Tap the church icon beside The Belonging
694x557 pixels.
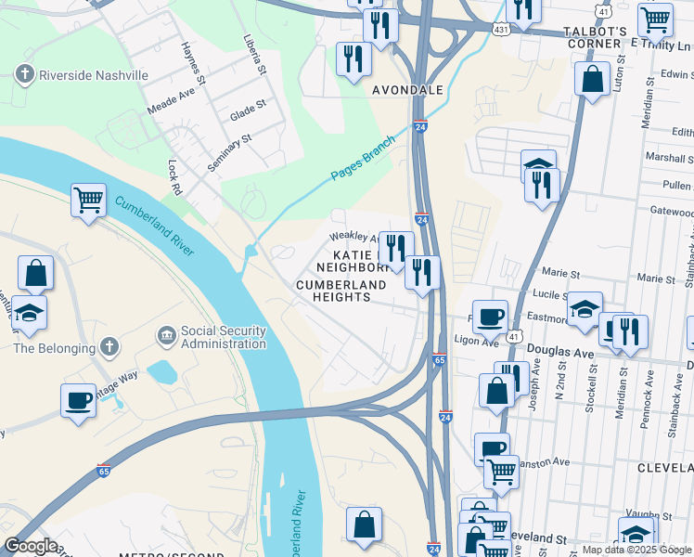pos(109,348)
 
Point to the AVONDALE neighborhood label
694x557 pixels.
pos(407,91)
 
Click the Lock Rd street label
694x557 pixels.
pos(173,177)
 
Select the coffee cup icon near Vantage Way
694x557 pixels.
pos(79,400)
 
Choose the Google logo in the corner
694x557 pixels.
pos(31,546)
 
